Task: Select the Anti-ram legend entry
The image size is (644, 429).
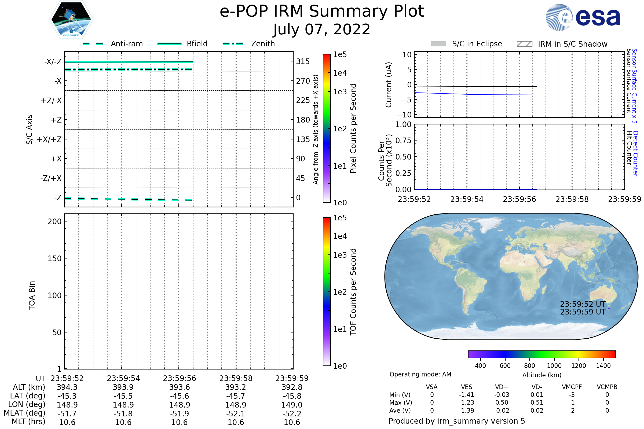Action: click(126, 44)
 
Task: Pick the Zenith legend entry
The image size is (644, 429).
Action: click(263, 44)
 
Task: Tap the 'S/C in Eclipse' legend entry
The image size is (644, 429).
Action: click(477, 44)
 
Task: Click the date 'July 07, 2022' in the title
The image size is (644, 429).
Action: click(322, 29)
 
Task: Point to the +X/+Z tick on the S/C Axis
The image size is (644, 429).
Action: click(49, 139)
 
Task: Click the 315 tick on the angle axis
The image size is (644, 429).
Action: click(303, 62)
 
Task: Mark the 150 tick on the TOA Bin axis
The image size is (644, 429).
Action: click(54, 258)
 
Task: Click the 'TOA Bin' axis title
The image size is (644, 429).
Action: click(32, 295)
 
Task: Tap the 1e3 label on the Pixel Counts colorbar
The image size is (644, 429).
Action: click(340, 92)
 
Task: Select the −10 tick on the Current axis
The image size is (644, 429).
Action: click(404, 115)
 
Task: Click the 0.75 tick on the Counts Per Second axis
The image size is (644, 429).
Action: click(403, 140)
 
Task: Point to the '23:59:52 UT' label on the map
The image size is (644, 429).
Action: click(582, 304)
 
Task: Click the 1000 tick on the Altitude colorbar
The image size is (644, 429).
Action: click(554, 366)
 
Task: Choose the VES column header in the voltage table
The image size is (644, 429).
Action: click(466, 387)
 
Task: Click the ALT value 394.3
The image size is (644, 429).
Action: click(67, 387)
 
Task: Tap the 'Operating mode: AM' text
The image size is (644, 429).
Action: click(420, 374)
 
